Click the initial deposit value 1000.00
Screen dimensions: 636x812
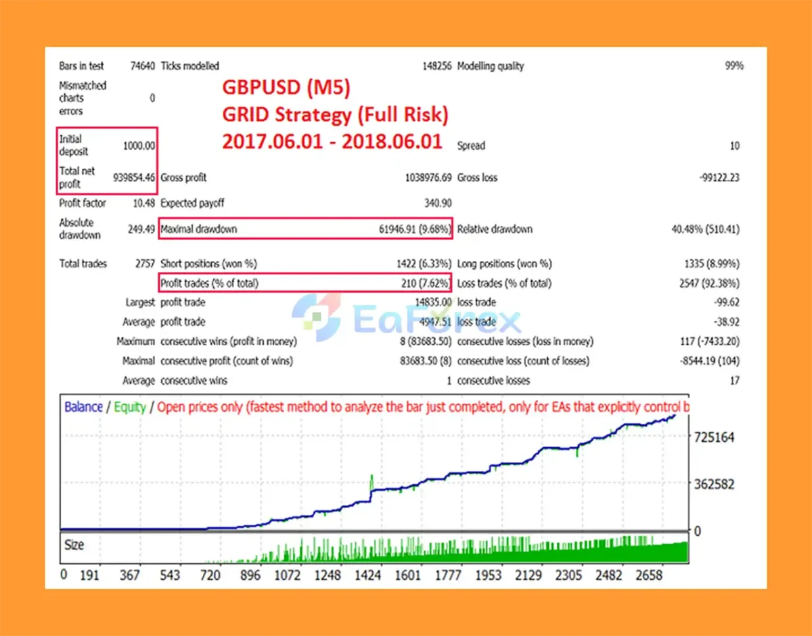click(x=139, y=145)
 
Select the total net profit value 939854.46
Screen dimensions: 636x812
click(x=135, y=177)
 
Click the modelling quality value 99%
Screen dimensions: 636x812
click(x=734, y=66)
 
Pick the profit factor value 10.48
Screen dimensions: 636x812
click(x=144, y=203)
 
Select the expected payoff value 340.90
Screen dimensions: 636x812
click(x=437, y=203)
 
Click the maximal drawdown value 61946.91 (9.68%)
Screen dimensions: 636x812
click(x=415, y=229)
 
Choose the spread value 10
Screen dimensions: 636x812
click(x=735, y=145)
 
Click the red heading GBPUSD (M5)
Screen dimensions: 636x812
click(x=287, y=87)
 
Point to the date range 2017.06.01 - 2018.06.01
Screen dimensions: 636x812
click(x=332, y=141)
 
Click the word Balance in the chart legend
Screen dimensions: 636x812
click(x=83, y=407)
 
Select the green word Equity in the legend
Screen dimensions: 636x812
click(x=130, y=407)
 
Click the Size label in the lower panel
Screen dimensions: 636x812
click(x=74, y=545)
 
